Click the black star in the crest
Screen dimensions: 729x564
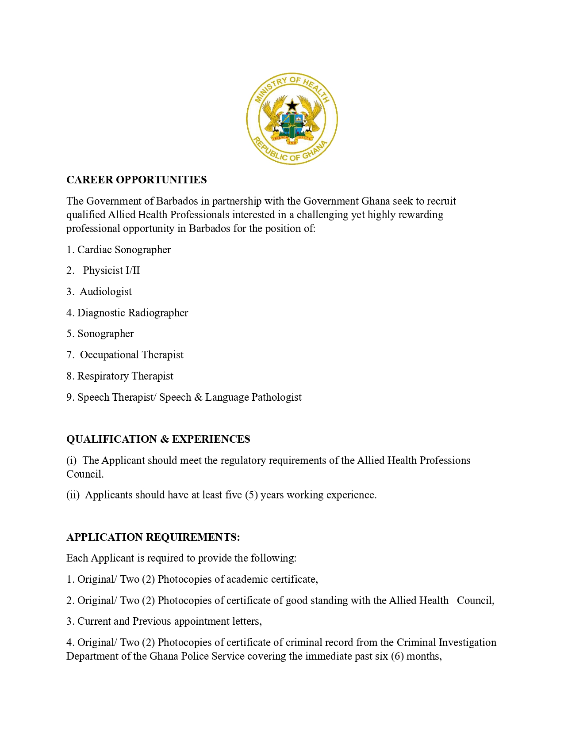coord(292,106)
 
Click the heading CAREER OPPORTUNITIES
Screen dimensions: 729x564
coord(136,180)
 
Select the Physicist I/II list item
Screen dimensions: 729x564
coord(111,270)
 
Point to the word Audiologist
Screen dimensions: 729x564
coord(106,292)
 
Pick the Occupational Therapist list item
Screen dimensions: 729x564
coord(131,355)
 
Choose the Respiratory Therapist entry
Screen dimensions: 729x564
coord(125,376)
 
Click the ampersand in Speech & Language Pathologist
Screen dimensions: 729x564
coord(198,397)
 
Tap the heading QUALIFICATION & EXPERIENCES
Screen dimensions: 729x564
coord(158,439)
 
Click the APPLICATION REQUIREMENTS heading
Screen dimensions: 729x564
coord(153,537)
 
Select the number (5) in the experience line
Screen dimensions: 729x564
coord(251,495)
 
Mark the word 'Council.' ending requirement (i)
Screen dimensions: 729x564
coord(85,474)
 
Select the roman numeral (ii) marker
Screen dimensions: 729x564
coord(73,495)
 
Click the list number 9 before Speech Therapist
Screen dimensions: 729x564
coord(69,397)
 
